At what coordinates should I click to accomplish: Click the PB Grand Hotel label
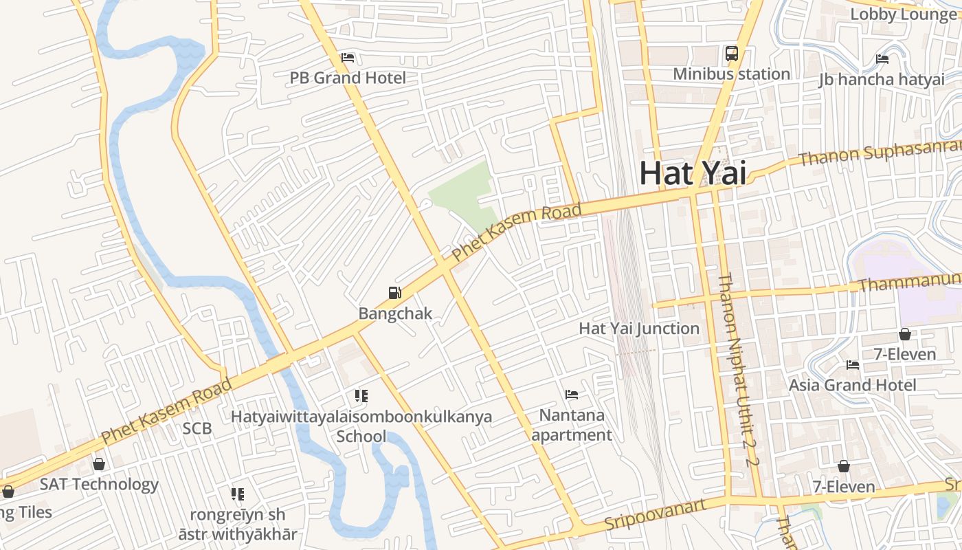[348, 78]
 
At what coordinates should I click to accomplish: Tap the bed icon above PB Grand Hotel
[348, 58]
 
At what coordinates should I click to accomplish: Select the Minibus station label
[731, 74]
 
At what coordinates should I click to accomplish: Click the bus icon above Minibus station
[731, 53]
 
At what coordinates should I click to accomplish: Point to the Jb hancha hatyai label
[882, 80]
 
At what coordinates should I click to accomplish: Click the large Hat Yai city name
[692, 173]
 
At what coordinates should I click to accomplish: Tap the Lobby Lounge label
[903, 14]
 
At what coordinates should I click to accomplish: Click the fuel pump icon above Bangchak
[395, 294]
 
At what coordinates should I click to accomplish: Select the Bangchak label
[395, 313]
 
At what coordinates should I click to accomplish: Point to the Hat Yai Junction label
[639, 329]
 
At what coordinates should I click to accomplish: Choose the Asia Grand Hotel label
[852, 385]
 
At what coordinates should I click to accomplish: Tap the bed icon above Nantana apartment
[571, 395]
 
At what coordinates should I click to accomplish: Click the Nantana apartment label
[572, 425]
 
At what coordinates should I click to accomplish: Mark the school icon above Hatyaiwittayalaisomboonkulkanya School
[361, 396]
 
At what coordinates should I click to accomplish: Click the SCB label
[197, 429]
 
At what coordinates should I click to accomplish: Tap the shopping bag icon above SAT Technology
[99, 464]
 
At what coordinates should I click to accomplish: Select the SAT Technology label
[99, 484]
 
